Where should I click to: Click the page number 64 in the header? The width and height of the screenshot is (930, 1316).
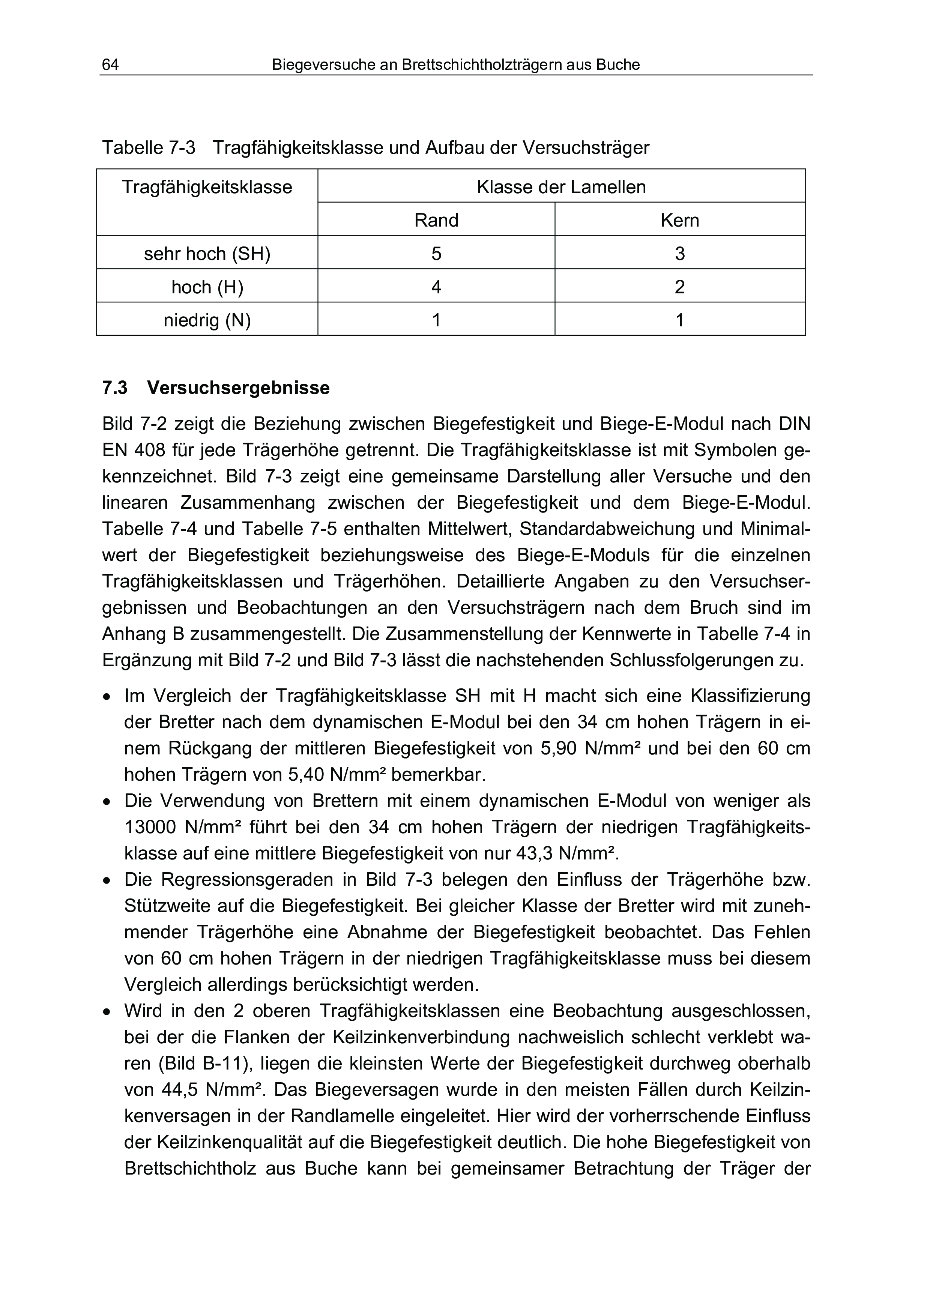tap(110, 65)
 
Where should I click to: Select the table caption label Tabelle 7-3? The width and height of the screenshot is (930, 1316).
tap(149, 148)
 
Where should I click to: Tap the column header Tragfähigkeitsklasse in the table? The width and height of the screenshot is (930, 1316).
tap(207, 187)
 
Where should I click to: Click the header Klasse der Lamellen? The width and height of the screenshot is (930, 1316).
tap(561, 187)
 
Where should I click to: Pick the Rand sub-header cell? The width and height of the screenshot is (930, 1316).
tap(436, 220)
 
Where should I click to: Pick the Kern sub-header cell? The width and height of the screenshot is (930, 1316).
tap(680, 220)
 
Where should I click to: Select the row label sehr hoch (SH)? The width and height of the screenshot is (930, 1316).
tap(207, 253)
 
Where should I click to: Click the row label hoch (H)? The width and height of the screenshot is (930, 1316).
tap(207, 287)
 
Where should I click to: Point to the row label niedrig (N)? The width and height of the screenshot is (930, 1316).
tap(207, 320)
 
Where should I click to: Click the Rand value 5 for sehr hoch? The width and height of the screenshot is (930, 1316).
tap(436, 253)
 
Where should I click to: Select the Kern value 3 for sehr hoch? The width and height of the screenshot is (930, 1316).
tap(680, 253)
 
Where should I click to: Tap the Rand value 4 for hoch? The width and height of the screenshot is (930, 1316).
tap(436, 287)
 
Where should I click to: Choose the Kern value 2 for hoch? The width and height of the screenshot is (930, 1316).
tap(680, 287)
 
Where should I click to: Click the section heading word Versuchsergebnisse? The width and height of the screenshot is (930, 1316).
tap(238, 388)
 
